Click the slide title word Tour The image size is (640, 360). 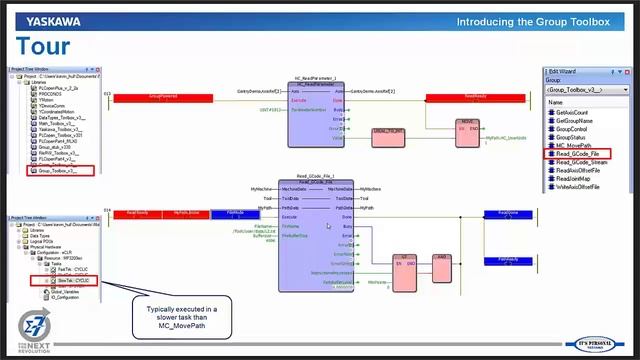44,46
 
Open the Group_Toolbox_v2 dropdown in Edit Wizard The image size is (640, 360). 586,89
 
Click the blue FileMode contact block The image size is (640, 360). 229,213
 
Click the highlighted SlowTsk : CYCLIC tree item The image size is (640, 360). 74,281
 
